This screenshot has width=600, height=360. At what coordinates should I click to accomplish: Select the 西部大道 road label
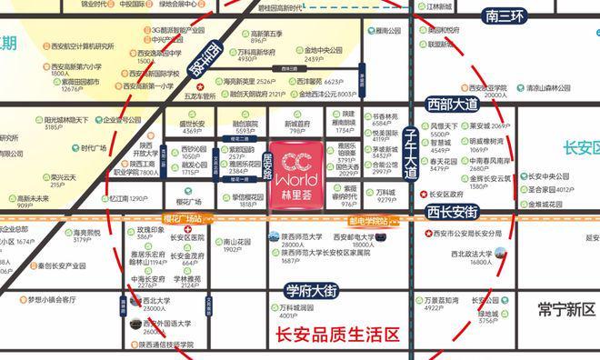pos(453,106)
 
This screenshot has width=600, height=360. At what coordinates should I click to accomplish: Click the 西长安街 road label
pos(452,213)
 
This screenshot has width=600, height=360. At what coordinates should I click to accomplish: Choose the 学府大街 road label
pos(311,291)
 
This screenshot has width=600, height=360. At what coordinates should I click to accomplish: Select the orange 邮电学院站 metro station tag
pos(371,220)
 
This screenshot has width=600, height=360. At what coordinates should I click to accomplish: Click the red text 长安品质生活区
pos(336,335)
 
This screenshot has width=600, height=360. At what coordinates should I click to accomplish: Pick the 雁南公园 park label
pos(383,31)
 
